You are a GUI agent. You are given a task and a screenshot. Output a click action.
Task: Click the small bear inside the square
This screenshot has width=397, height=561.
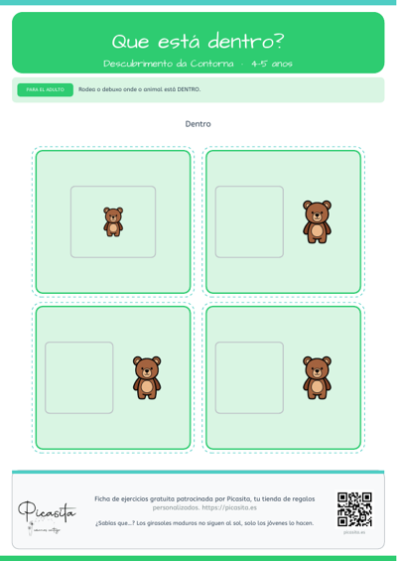click(113, 221)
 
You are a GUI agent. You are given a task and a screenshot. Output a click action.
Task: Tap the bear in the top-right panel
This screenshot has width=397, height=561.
click(317, 221)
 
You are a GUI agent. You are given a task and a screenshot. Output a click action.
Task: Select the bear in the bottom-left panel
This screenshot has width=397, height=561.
click(147, 377)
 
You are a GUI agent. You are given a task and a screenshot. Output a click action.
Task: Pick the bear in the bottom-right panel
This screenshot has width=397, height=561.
click(317, 377)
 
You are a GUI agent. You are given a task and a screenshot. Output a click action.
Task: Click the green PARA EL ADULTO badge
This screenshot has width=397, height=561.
click(46, 89)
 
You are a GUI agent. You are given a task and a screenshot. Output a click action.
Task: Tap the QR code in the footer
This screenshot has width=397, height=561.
click(354, 509)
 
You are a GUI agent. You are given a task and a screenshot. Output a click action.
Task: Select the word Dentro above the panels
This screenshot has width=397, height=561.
click(198, 124)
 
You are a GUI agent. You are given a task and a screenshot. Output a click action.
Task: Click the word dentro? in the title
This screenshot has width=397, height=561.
click(246, 42)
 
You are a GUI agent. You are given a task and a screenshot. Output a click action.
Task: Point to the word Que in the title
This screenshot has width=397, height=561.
click(131, 42)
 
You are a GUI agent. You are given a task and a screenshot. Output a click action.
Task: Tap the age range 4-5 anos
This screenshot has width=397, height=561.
click(272, 64)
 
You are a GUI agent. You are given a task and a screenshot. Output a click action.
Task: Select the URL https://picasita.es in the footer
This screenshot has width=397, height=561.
click(229, 507)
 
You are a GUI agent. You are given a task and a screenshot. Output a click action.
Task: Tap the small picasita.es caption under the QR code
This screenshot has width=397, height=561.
click(354, 532)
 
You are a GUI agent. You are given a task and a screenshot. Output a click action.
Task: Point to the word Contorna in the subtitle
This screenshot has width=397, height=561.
click(211, 64)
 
